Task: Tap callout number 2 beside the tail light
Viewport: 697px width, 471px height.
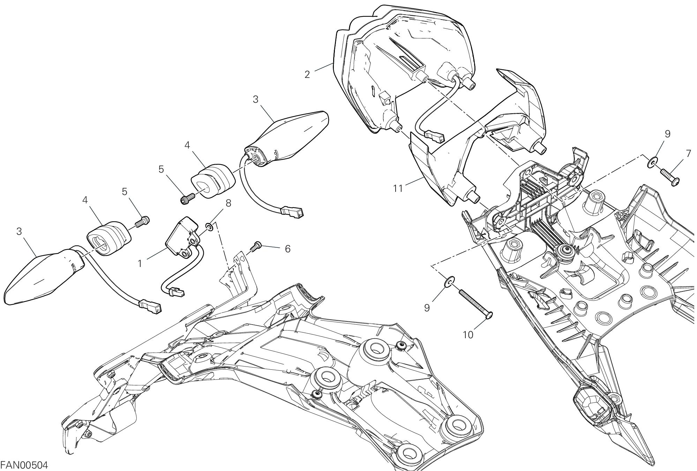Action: tap(307, 74)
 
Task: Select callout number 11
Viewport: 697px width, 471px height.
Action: tap(398, 189)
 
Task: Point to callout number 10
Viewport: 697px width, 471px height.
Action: tap(468, 334)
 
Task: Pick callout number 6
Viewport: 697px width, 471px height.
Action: tap(287, 248)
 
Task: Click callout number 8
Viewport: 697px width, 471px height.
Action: tap(228, 203)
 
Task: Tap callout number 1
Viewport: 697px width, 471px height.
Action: tap(140, 263)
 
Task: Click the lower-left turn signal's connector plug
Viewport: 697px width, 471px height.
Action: tap(150, 307)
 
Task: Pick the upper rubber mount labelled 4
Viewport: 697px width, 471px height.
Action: tap(213, 180)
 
